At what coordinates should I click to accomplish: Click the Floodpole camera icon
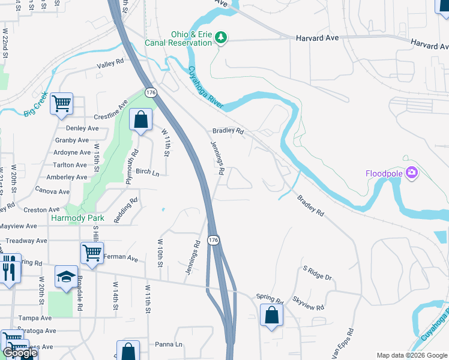pos(411,173)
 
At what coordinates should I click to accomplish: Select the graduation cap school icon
pos(66,276)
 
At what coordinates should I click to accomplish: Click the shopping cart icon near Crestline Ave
pos(62,104)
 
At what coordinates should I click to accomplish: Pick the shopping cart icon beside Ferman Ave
pos(92,252)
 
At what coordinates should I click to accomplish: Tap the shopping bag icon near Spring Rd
pos(271,314)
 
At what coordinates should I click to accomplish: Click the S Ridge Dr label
pos(317,273)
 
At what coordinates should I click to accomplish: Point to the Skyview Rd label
pos(309,303)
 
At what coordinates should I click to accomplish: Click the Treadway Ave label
pos(23,241)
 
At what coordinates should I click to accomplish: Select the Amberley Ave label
pos(67,177)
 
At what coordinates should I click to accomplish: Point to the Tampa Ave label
pos(35,318)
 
